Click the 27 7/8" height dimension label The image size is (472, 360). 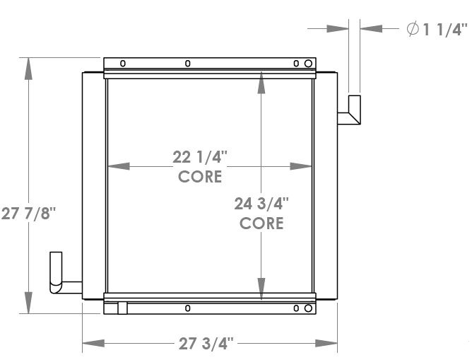pos(28,213)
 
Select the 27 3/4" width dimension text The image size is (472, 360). pos(205,344)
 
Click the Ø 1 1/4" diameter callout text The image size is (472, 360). pos(436,29)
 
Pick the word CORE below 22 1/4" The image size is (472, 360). pos(200,176)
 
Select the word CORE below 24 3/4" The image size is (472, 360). pos(261,223)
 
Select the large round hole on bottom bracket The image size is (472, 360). pos(308,308)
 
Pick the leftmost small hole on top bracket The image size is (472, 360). pos(122,64)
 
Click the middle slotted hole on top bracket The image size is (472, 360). pos(187,64)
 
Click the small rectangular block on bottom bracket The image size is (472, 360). pos(122,308)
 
